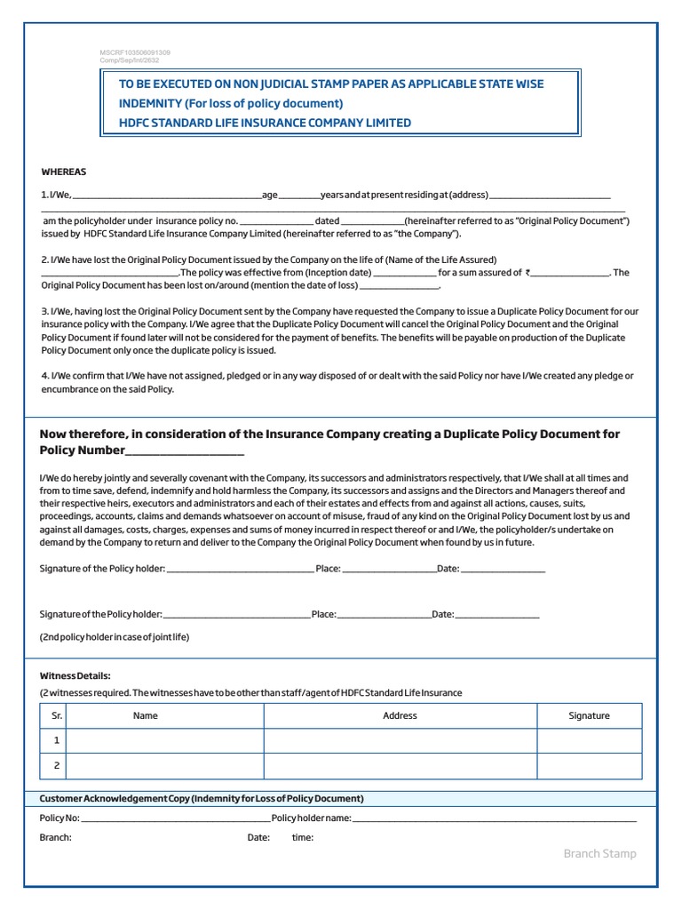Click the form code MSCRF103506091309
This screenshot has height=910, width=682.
click(x=134, y=53)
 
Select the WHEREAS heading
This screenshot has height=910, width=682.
click(x=64, y=172)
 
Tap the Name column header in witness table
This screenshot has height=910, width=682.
click(x=146, y=715)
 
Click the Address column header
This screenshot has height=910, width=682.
click(x=400, y=715)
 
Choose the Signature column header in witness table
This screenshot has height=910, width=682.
click(x=589, y=715)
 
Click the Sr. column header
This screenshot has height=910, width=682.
click(x=56, y=715)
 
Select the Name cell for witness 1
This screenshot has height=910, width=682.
click(x=165, y=740)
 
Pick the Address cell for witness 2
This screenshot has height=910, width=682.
click(x=400, y=765)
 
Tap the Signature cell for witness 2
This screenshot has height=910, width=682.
click(x=589, y=765)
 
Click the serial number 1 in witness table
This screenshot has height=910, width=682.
click(x=56, y=740)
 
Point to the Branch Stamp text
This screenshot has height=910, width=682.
click(x=599, y=854)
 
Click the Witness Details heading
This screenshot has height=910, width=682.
click(x=75, y=676)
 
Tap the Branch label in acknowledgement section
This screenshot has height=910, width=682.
click(x=56, y=837)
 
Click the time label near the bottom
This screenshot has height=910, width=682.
click(x=302, y=837)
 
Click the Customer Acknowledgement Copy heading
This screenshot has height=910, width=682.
click(x=202, y=798)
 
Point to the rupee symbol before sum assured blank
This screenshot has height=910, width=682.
click(x=527, y=274)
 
